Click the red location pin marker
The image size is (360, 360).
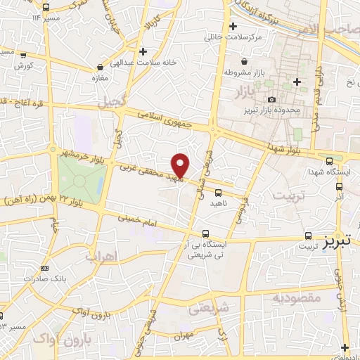click(x=181, y=165)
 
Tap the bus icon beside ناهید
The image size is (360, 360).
click(x=218, y=192)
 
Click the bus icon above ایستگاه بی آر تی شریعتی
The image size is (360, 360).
click(x=205, y=233)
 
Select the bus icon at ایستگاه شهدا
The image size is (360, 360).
click(x=340, y=187)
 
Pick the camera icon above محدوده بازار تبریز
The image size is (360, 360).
click(x=272, y=100)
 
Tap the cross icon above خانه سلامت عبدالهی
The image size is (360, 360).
click(x=143, y=51)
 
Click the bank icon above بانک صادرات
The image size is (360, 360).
click(x=45, y=269)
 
